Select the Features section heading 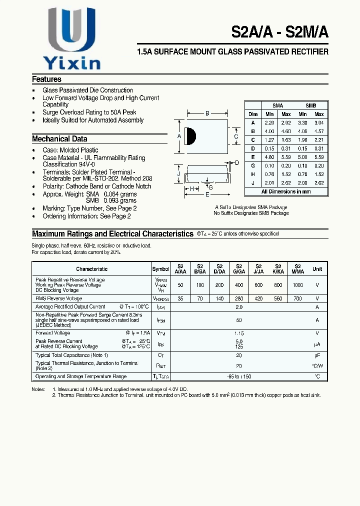(46, 79)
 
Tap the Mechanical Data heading (59, 139)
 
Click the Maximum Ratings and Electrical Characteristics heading (112, 233)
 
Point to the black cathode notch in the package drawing (190, 136)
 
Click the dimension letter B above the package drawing (207, 113)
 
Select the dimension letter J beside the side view (178, 174)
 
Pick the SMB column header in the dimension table (310, 105)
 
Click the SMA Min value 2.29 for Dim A (269, 122)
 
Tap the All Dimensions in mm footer (286, 191)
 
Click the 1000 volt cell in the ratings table (298, 284)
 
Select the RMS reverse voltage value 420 (258, 298)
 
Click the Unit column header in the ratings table (317, 269)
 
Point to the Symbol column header (160, 269)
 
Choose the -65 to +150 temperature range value (239, 376)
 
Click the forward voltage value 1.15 (239, 333)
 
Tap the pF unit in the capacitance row (317, 355)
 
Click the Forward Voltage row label (52, 333)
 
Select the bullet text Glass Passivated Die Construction (88, 90)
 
